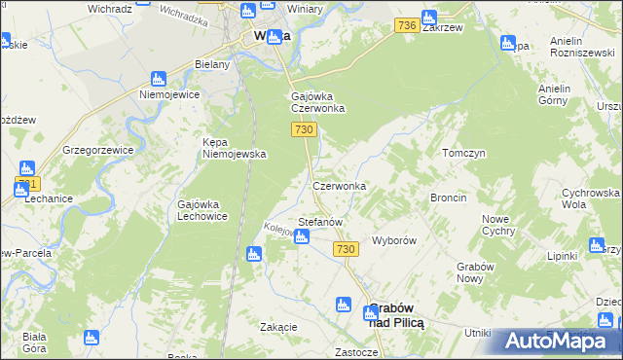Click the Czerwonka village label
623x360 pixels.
(x=339, y=186)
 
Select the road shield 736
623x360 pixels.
(x=408, y=25)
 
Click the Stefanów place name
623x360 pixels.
(x=320, y=222)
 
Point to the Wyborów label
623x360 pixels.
(x=394, y=240)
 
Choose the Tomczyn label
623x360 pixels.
(x=463, y=154)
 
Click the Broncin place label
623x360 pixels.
(x=448, y=198)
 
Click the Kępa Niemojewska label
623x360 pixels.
(x=234, y=147)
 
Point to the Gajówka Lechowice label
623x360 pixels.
(x=202, y=210)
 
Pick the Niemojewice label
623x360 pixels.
(x=168, y=95)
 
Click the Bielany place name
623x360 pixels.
(x=211, y=64)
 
